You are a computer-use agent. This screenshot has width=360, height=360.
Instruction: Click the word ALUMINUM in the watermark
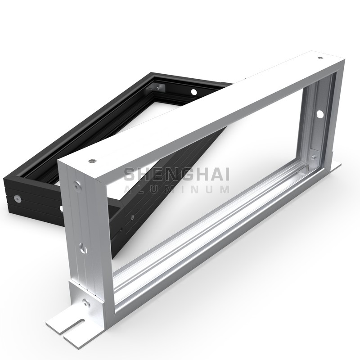tap(176, 189)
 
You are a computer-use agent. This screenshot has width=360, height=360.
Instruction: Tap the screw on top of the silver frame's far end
tap(319, 58)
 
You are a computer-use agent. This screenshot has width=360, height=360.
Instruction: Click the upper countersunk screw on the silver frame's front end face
tap(78, 184)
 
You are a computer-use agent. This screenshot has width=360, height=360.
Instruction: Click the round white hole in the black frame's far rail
tap(194, 92)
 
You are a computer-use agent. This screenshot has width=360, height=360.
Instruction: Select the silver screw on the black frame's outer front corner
tap(18, 198)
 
